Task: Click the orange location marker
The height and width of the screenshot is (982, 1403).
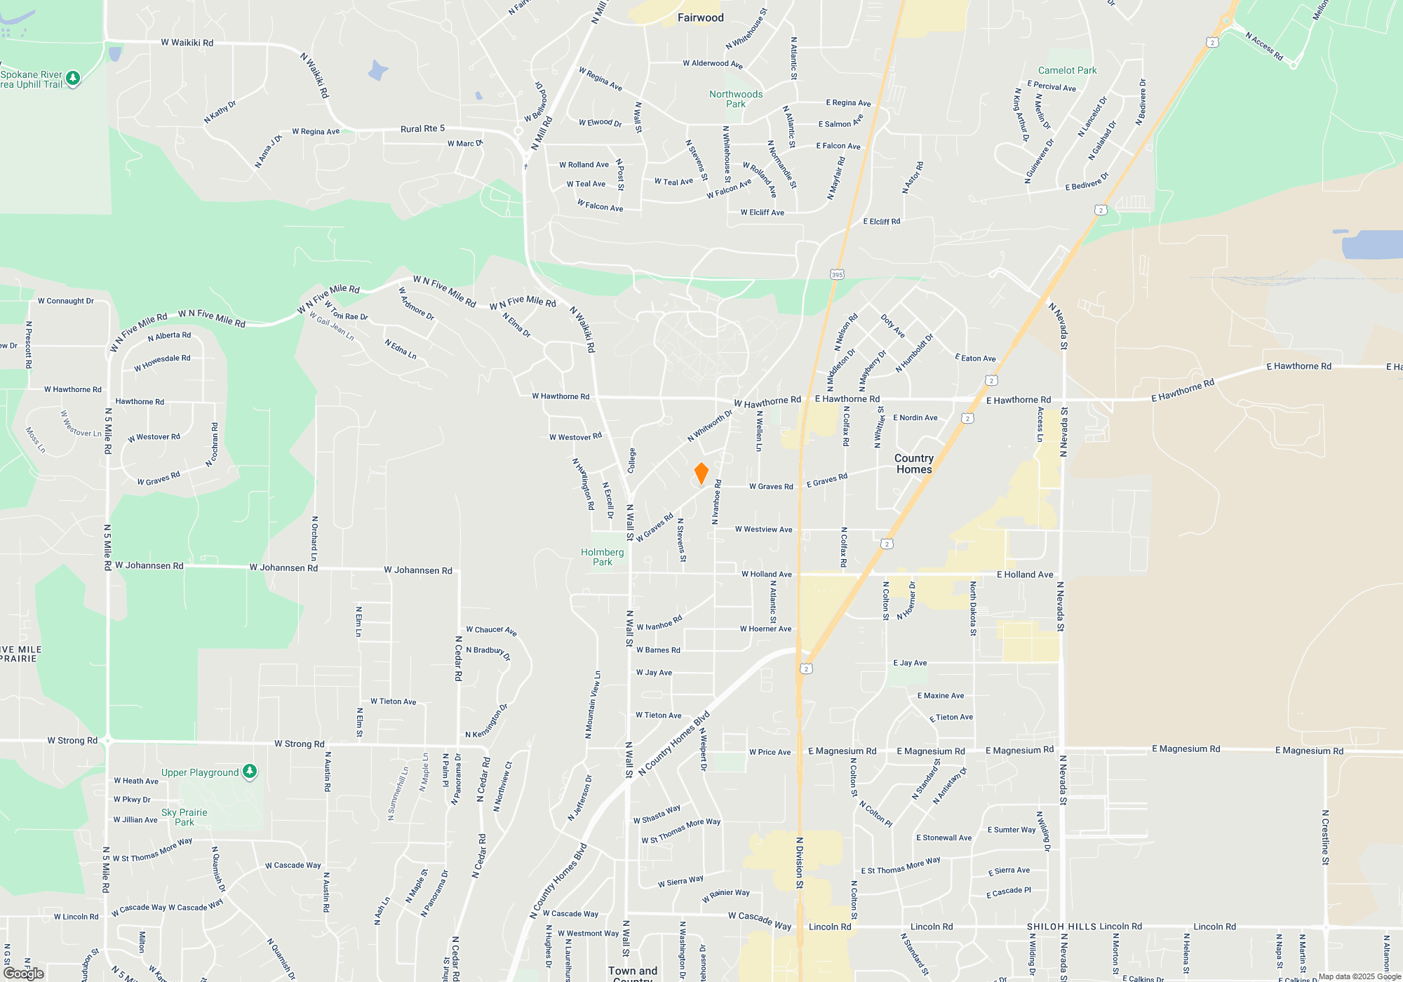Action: (x=701, y=473)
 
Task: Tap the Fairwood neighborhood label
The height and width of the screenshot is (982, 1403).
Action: (x=700, y=18)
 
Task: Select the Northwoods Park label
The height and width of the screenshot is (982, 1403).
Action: (x=735, y=99)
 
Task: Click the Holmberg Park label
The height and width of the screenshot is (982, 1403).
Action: (x=602, y=557)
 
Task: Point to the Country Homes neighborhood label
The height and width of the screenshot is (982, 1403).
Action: (x=914, y=464)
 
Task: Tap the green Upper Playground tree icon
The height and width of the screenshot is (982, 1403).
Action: (x=250, y=772)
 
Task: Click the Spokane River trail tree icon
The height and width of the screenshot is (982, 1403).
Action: (x=73, y=79)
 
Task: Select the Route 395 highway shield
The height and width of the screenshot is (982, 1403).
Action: (x=836, y=274)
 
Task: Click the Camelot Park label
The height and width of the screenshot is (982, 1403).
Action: (x=1067, y=70)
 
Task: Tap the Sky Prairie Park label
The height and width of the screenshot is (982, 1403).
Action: (x=184, y=817)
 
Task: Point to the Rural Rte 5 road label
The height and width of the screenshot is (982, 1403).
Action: (x=422, y=128)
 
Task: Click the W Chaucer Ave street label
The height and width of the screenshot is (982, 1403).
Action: (x=491, y=630)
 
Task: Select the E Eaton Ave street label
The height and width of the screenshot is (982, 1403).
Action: (x=975, y=358)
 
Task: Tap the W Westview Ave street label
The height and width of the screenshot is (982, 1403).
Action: (x=763, y=530)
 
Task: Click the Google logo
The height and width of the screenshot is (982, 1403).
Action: (x=24, y=974)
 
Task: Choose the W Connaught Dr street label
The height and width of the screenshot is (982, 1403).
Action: (x=66, y=301)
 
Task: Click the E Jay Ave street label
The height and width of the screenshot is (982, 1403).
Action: (x=910, y=663)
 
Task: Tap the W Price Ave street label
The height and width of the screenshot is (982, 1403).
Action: (x=770, y=752)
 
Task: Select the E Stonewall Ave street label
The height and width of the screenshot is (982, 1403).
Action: (x=944, y=838)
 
